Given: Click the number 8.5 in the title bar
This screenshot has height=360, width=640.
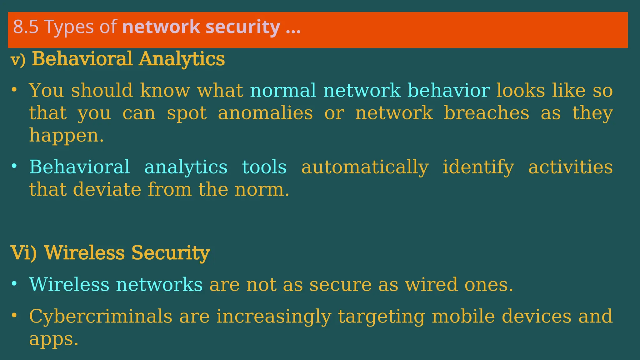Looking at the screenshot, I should pyautogui.click(x=26, y=27).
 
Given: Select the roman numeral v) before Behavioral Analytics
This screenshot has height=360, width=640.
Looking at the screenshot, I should pyautogui.click(x=18, y=60).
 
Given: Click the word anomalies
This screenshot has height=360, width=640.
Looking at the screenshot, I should pyautogui.click(x=265, y=113).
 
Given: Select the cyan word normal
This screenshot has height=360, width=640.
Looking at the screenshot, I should pyautogui.click(x=283, y=91).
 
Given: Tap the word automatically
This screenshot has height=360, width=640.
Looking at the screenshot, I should pyautogui.click(x=365, y=167).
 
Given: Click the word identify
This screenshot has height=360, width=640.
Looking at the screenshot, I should pyautogui.click(x=478, y=167).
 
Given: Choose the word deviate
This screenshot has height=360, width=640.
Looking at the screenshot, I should pyautogui.click(x=107, y=189).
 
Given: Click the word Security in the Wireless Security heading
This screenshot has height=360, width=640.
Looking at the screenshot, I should pyautogui.click(x=170, y=253).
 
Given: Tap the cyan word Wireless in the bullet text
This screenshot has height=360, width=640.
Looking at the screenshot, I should pyautogui.click(x=69, y=284).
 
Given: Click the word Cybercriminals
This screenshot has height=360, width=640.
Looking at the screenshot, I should pyautogui.click(x=100, y=316).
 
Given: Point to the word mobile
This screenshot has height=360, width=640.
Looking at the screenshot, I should pyautogui.click(x=463, y=316).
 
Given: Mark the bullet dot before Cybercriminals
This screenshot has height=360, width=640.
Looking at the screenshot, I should pyautogui.click(x=14, y=315).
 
